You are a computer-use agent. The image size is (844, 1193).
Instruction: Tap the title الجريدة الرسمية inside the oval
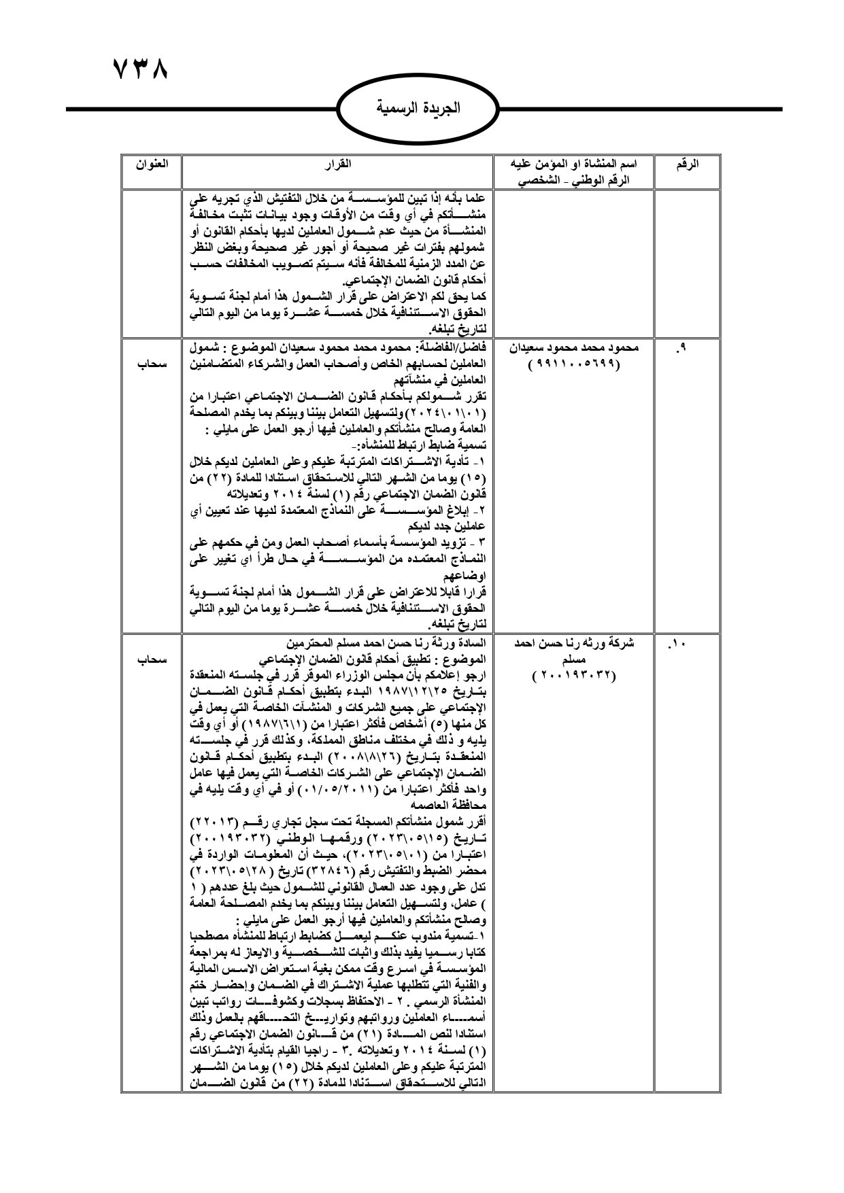(x=418, y=107)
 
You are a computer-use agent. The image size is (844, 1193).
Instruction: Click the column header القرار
(x=338, y=164)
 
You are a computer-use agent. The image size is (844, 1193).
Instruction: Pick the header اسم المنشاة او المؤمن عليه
(x=573, y=164)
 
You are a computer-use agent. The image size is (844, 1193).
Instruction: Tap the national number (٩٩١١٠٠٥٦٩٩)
(x=573, y=364)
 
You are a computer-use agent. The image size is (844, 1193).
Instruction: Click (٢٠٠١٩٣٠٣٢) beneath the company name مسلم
(x=573, y=675)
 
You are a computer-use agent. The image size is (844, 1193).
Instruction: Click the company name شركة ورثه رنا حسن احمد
(x=573, y=642)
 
